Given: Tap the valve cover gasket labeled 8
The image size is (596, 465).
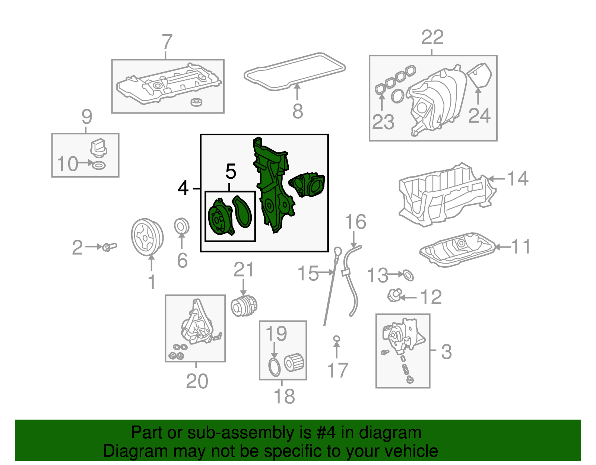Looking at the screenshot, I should click(294, 71).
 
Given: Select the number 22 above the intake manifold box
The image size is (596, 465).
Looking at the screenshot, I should click(432, 37).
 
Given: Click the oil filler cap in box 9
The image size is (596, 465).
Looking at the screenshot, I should click(98, 148).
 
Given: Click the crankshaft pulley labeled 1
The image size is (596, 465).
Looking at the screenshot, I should click(147, 238).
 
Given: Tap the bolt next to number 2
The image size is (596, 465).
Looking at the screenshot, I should click(109, 246).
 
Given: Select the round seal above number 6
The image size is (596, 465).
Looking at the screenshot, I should click(182, 226).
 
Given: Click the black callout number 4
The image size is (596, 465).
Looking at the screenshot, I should click(183, 188).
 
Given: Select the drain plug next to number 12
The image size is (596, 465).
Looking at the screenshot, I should click(394, 296).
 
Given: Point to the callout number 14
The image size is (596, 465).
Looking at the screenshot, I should click(518, 178).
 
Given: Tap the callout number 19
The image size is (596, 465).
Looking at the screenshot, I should click(276, 334).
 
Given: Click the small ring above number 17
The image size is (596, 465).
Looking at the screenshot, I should click(336, 338).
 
